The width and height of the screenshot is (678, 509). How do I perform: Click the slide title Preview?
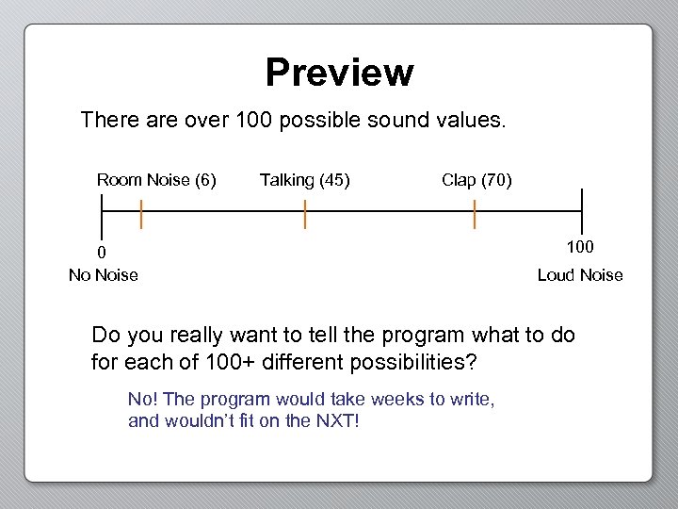pos(339,73)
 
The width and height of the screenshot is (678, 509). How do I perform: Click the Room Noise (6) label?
pos(156,180)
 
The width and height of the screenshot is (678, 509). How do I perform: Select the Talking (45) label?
pos(304,180)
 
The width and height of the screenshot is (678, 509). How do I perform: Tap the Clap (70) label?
pos(476,180)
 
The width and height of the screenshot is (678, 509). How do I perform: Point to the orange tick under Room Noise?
pos(141,215)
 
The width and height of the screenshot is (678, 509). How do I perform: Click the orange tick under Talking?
pos(305,215)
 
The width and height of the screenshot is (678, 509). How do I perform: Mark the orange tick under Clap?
pos(475,215)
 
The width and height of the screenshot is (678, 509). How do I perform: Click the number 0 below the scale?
pos(102,252)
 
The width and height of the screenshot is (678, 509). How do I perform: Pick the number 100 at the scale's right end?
pos(580,247)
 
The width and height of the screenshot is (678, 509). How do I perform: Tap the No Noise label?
pos(103,275)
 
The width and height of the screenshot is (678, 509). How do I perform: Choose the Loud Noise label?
pos(580,275)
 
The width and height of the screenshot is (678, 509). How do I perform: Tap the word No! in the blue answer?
pos(142,399)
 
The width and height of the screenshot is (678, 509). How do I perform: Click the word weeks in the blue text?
pos(397,399)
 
